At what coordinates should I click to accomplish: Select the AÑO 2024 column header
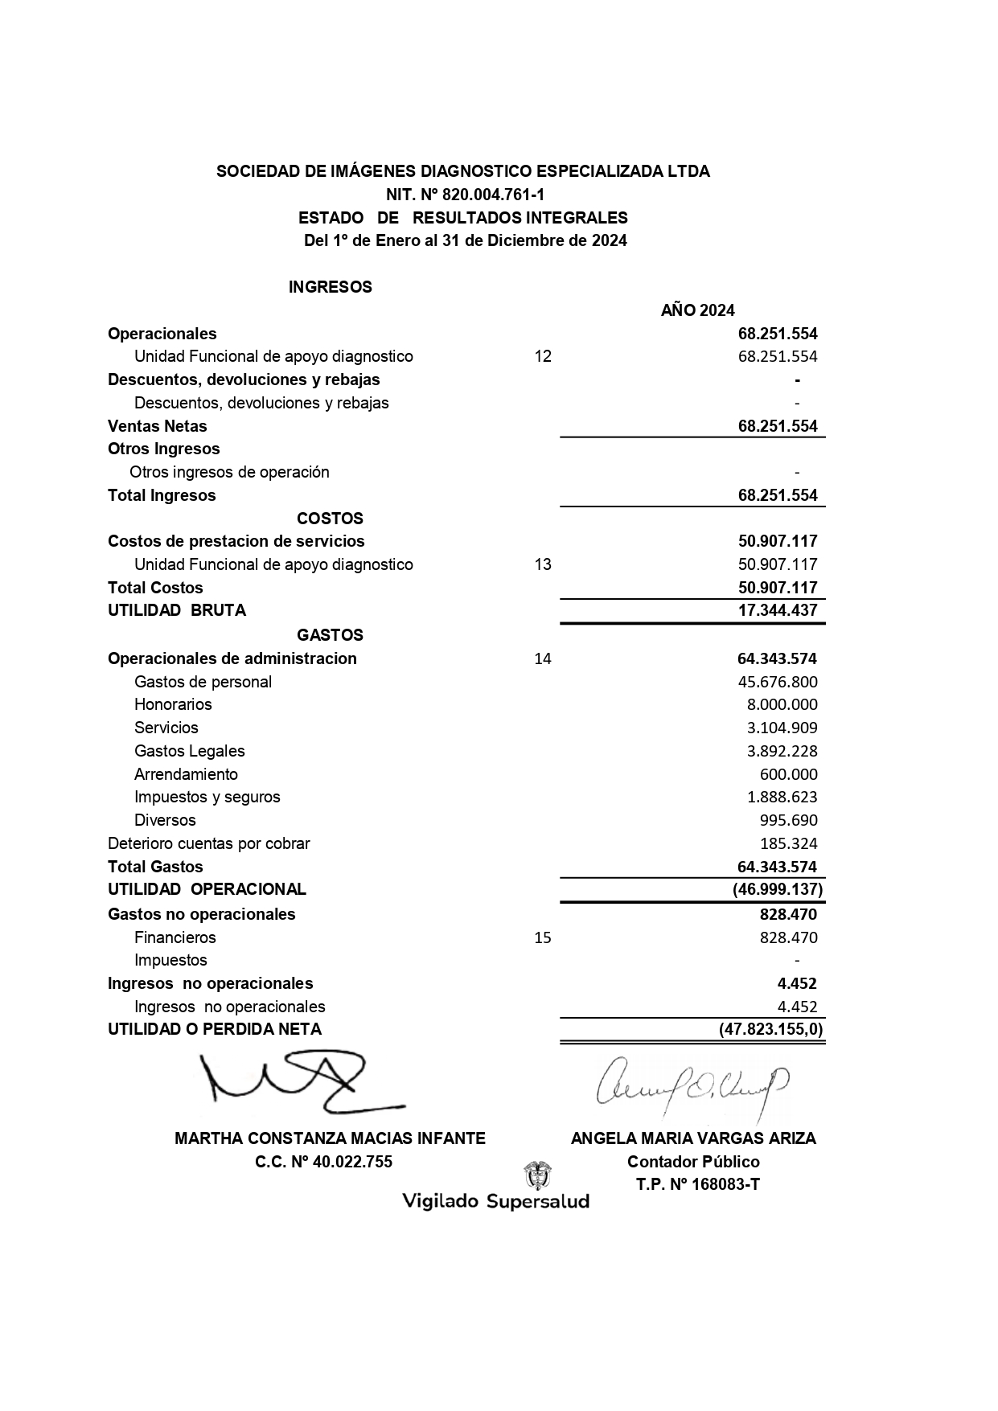click(697, 310)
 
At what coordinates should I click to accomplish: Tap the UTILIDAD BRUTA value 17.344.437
click(778, 610)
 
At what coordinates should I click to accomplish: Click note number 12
click(543, 356)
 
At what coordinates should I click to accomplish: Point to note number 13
click(543, 564)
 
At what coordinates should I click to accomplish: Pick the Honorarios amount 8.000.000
click(782, 704)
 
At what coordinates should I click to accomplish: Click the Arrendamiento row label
click(186, 774)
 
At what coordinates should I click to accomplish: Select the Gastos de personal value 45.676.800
click(778, 682)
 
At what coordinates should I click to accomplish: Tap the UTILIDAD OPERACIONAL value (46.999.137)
click(778, 889)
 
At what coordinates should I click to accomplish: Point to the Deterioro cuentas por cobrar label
click(208, 843)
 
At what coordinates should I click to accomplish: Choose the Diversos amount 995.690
click(788, 820)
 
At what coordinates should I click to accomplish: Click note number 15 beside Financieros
click(543, 937)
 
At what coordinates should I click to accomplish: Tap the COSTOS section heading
click(330, 519)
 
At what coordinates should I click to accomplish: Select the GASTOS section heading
click(330, 635)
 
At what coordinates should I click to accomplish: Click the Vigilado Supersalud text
click(495, 1201)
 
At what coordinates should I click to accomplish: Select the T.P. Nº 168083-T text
click(697, 1184)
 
